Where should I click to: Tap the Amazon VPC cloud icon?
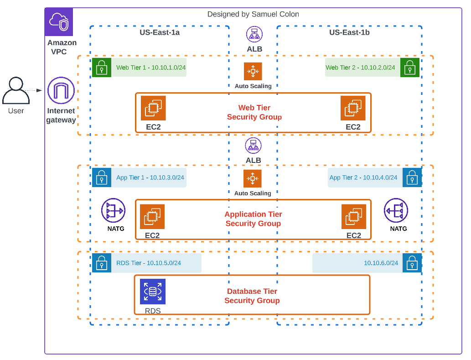click(59, 22)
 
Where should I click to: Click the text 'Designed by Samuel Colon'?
click(253, 14)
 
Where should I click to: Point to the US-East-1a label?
click(160, 32)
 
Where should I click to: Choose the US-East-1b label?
click(349, 32)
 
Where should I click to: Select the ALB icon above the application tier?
click(253, 146)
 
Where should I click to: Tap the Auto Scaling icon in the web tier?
click(253, 71)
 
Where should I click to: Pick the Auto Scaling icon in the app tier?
click(253, 178)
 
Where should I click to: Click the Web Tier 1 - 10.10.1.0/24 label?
click(150, 68)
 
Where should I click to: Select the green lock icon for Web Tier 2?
click(410, 68)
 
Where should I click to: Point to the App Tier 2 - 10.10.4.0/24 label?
click(363, 177)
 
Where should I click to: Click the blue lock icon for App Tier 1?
click(102, 177)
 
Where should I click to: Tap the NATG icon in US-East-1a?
click(113, 210)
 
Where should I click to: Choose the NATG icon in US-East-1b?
click(396, 210)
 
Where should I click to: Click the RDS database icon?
click(153, 291)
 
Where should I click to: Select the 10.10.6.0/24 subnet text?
click(381, 263)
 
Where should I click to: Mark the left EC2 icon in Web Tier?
click(153, 108)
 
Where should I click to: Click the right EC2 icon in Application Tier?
click(354, 217)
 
